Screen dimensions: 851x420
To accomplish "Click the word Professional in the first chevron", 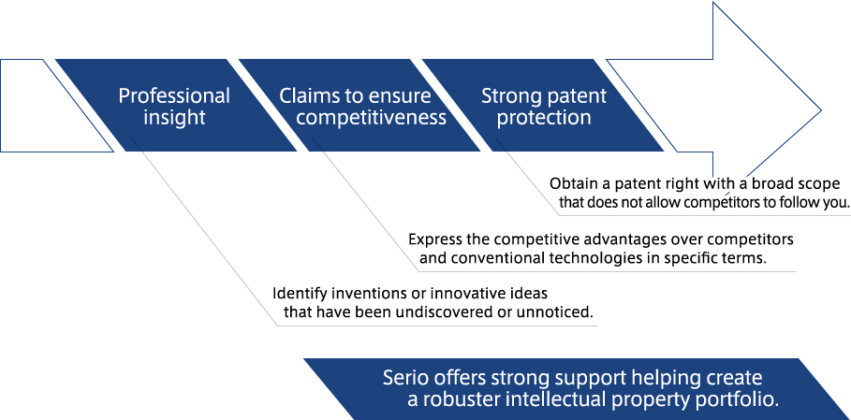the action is click(174, 96).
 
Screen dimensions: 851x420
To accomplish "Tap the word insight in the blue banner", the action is click(174, 118).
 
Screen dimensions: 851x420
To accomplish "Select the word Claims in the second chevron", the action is click(305, 96).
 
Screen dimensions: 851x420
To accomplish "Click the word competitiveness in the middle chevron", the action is click(372, 118).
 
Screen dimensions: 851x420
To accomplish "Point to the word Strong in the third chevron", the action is click(509, 96).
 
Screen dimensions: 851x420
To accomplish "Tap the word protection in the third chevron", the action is click(544, 118).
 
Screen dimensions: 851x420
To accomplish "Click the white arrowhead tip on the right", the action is click(821, 110).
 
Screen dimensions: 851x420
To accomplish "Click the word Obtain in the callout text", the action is click(569, 183).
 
